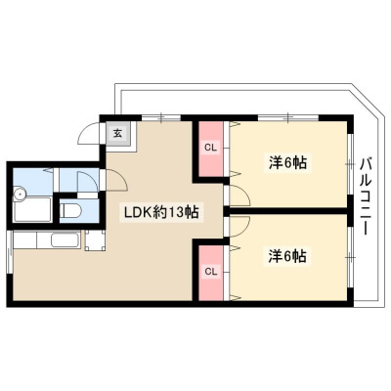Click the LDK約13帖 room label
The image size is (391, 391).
tap(161, 212)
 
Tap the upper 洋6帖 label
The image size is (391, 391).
tap(287, 162)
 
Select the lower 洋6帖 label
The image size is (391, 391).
tap(287, 256)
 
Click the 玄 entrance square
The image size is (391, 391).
tap(117, 133)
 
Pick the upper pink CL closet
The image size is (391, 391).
tap(211, 149)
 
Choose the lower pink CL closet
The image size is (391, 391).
tap(211, 272)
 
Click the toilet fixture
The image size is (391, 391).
tap(68, 210)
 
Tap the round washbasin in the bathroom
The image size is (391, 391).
tap(21, 195)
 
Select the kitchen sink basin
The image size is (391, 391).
tap(65, 240)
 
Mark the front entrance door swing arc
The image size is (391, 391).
tap(88, 133)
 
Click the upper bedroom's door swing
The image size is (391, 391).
tap(240, 195)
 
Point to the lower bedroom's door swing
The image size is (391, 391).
tap(240, 226)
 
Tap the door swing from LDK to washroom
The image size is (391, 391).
tap(116, 180)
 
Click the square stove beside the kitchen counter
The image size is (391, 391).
tap(95, 240)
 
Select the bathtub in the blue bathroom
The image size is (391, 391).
tap(32, 209)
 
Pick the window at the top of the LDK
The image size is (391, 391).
tap(161, 117)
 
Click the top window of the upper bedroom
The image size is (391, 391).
tap(288, 117)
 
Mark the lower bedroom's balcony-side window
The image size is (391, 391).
tap(350, 257)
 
